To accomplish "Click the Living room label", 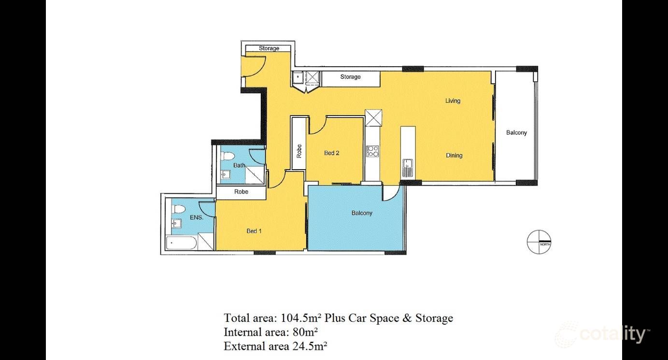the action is pos(453,101).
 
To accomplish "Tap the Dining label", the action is pos(454,156).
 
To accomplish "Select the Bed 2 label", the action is pos(332,153).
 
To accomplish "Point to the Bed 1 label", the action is pos(254,231).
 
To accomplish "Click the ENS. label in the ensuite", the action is pos(197,217).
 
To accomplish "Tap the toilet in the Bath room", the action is pos(227,156).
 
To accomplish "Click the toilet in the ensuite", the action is pos(178,209).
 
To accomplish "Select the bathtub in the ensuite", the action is pos(181,243).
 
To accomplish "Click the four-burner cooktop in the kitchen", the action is pos(372,151).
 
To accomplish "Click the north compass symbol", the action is pos(539,242).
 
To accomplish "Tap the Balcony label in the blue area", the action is pos(362,213).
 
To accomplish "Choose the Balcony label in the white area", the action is pos(516,132).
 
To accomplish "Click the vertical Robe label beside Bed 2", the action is pos(299,151).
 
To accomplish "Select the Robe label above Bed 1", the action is pos(241,191).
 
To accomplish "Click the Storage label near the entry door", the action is pos(269,48).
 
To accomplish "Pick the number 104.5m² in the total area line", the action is pos(301,318).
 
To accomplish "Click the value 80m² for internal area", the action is pos(305,332).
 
